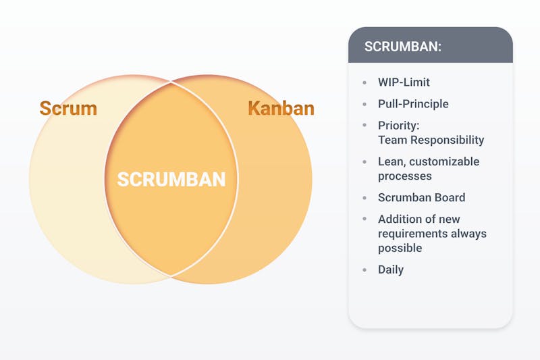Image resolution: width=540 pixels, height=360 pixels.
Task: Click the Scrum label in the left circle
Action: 68,108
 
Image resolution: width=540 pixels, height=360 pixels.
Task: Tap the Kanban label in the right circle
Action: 281,108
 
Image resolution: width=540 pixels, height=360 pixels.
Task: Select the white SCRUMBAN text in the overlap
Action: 171,180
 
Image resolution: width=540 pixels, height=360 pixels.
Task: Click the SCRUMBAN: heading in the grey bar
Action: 402,47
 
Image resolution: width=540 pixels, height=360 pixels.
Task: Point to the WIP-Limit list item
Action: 404,82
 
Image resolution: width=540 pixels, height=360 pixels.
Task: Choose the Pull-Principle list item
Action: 413,104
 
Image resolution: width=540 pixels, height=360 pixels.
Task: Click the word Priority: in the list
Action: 398,126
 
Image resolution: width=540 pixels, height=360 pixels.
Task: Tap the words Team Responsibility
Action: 431,140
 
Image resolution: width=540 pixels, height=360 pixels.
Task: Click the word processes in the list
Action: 404,176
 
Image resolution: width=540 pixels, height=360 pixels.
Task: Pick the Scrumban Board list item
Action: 421,197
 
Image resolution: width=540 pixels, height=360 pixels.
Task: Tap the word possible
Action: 400,248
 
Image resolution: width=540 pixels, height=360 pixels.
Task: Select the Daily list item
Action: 391,269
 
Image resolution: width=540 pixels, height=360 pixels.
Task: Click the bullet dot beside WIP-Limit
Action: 364,82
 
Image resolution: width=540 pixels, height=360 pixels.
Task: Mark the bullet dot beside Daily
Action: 364,269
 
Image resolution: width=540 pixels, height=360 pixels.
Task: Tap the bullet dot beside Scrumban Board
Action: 364,198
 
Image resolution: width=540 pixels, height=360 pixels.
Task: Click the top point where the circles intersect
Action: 171,82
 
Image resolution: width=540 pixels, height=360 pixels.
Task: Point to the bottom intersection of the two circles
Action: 171,276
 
